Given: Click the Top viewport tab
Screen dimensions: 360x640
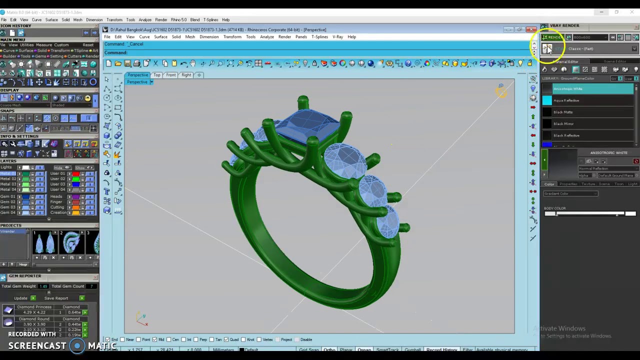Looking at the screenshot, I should [x=157, y=75].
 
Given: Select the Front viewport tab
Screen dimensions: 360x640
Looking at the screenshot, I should [x=171, y=75].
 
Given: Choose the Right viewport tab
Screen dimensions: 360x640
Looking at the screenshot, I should [x=186, y=75].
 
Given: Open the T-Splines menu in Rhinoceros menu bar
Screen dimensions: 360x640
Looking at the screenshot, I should [x=319, y=37].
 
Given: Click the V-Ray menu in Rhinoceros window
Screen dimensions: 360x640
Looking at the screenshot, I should [x=338, y=37].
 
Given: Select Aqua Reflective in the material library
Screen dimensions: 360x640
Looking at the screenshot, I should [x=566, y=100].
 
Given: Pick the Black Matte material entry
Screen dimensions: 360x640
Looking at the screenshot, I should [x=563, y=112].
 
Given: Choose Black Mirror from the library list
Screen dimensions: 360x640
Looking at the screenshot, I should [x=563, y=123].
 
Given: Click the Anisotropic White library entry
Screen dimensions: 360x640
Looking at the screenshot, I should [x=567, y=88].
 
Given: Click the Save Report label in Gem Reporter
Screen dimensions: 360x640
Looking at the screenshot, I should [x=56, y=298].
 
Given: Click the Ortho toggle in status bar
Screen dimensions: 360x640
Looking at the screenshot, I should [x=329, y=350].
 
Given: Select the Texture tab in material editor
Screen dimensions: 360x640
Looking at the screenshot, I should [x=588, y=184].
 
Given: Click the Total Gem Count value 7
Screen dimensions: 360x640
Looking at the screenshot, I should [x=91, y=286].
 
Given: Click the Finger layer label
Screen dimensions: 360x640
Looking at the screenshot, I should [x=56, y=202].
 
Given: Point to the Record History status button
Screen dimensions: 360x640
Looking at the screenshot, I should [x=441, y=350].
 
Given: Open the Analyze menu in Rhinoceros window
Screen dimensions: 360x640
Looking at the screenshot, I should [x=266, y=37].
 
